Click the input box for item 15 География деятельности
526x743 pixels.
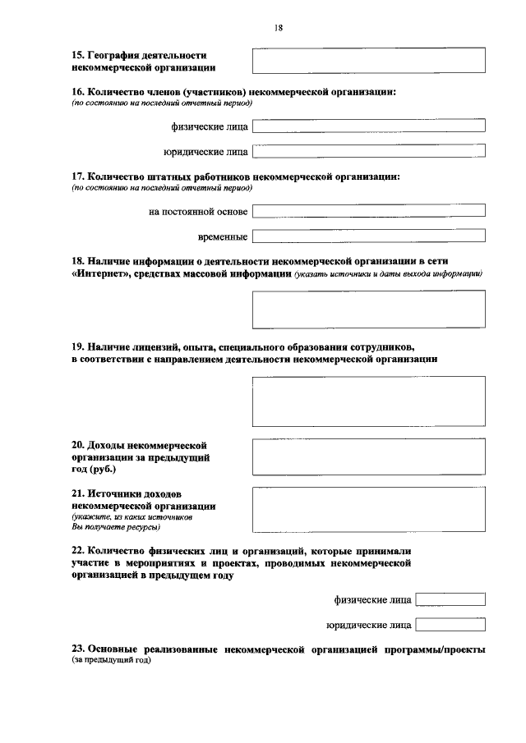368,61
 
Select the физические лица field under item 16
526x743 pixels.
368,126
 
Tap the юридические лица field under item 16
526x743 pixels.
368,151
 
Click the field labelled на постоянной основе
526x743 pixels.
368,211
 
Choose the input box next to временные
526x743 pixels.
368,237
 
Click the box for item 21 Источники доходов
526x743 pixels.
368,511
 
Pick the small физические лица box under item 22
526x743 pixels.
450,599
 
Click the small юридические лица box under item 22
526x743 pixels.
450,625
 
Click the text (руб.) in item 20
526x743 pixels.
102,470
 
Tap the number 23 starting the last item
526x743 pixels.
77,649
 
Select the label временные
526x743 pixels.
224,237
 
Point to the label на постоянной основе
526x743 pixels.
198,212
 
